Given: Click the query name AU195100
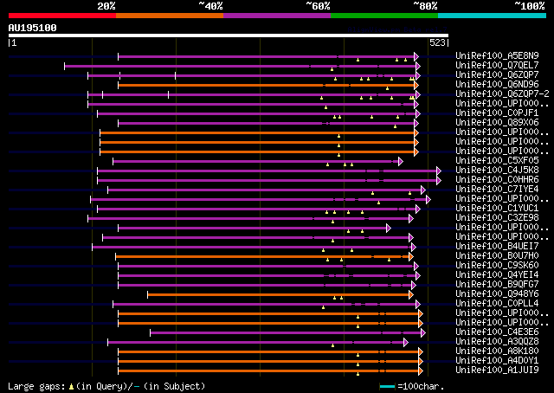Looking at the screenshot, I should point(32,28).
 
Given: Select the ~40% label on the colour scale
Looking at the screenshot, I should point(210,6).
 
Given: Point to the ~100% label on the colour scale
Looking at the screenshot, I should point(529,6).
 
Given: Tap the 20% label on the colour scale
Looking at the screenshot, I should point(106,6).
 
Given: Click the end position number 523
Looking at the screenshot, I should point(437,42).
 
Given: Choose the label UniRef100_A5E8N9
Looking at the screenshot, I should point(497,56).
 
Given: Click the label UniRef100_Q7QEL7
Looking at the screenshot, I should point(497,66).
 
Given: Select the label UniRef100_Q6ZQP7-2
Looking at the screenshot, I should point(501,94).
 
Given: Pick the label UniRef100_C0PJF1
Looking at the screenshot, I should point(497,113).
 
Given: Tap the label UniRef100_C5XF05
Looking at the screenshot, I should point(497,161).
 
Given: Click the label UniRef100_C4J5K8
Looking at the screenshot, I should point(497,171).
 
